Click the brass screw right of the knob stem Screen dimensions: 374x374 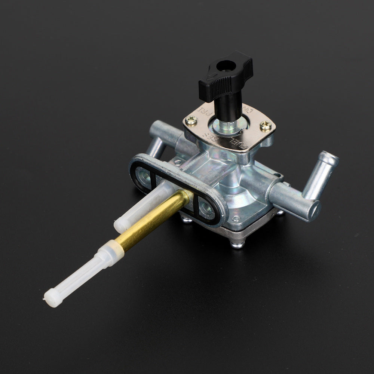[266, 126]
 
